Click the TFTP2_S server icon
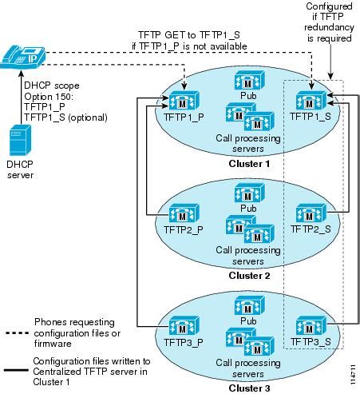point(309,214)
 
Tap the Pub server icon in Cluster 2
point(246,193)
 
